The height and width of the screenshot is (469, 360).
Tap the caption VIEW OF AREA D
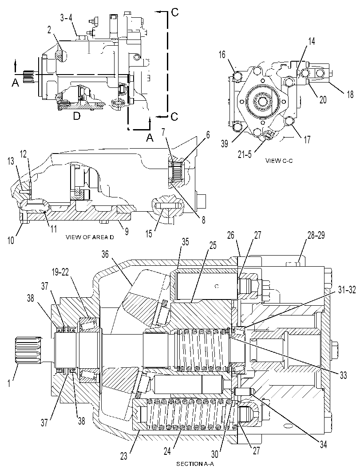tap(90, 237)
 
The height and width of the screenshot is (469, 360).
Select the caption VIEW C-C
tap(279, 161)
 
